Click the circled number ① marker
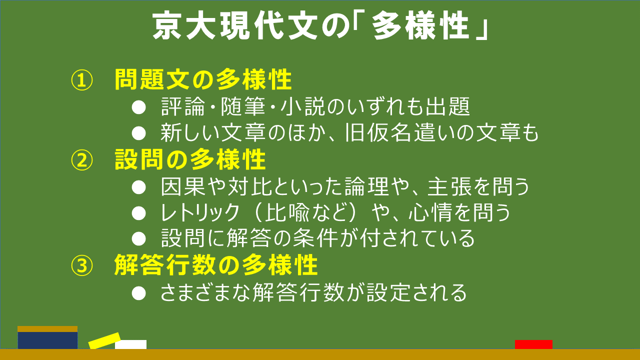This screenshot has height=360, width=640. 82,80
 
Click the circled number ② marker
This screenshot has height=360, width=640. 82,160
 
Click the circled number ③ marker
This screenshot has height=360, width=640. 82,265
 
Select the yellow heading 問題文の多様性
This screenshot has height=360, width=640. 203,79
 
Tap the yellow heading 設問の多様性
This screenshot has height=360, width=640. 190,159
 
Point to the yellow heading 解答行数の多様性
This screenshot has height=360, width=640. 216,265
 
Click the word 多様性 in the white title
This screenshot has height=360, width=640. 420,25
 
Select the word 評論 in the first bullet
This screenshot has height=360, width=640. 183,106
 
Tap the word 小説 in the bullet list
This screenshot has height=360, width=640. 303,106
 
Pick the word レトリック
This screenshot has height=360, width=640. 200,212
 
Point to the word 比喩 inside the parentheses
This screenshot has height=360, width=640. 287,212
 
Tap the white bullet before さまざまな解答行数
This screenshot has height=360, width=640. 139,293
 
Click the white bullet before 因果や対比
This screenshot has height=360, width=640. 139,187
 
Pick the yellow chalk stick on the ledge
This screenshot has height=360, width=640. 104,340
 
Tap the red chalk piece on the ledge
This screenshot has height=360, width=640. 533,344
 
